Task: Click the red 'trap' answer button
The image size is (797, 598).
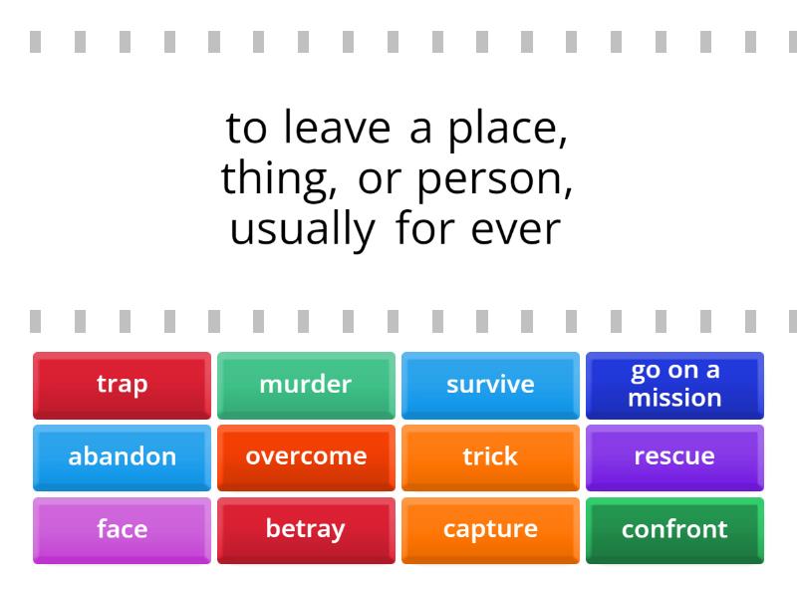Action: (x=122, y=385)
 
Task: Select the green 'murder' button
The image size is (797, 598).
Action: (x=306, y=385)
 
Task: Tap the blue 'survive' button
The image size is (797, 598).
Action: (x=490, y=385)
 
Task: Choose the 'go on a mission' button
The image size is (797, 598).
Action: (x=674, y=385)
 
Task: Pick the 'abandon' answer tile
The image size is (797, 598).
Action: (x=122, y=457)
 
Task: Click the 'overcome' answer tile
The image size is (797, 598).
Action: (x=306, y=457)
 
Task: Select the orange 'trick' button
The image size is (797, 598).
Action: (x=490, y=457)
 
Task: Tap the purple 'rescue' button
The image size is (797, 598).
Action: (x=674, y=457)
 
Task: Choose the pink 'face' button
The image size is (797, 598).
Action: (x=122, y=530)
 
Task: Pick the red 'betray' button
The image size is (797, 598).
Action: (x=306, y=530)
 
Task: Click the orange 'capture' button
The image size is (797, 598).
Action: (x=490, y=530)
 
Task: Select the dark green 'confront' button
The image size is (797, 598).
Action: (x=674, y=530)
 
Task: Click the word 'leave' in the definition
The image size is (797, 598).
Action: (x=340, y=129)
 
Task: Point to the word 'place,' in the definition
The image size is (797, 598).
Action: (x=508, y=131)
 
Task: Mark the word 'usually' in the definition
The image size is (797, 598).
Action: (x=302, y=230)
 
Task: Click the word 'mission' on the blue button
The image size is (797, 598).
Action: (x=674, y=398)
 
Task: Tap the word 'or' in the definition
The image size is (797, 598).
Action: (x=380, y=180)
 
